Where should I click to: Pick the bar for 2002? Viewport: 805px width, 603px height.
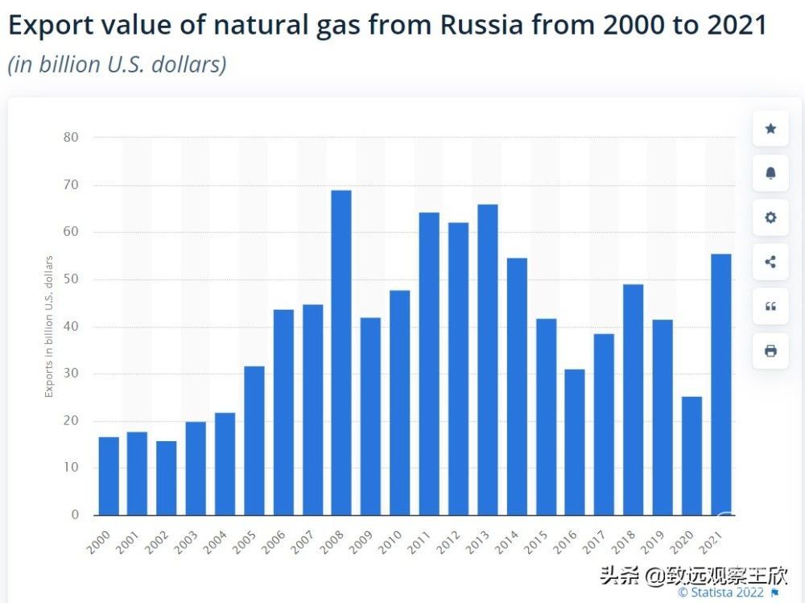tap(166, 478)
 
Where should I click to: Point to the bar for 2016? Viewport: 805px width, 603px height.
tap(575, 442)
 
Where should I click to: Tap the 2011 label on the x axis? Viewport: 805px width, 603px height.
tap(420, 542)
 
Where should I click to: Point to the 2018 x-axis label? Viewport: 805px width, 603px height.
tap(625, 542)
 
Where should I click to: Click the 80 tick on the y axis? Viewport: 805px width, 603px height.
tap(71, 137)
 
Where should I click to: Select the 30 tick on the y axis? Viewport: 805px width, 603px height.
tap(71, 374)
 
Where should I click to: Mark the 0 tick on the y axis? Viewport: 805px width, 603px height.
tap(75, 515)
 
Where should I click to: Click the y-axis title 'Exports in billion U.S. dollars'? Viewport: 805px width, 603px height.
tap(49, 326)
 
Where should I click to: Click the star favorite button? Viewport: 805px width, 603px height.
tap(770, 129)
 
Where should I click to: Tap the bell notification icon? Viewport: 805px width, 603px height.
tap(770, 173)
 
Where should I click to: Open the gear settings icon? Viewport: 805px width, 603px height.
tap(770, 217)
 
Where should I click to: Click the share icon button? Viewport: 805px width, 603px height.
tap(770, 262)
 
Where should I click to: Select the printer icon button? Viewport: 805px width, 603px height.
tap(770, 350)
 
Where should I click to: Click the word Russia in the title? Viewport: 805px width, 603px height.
tap(480, 26)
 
